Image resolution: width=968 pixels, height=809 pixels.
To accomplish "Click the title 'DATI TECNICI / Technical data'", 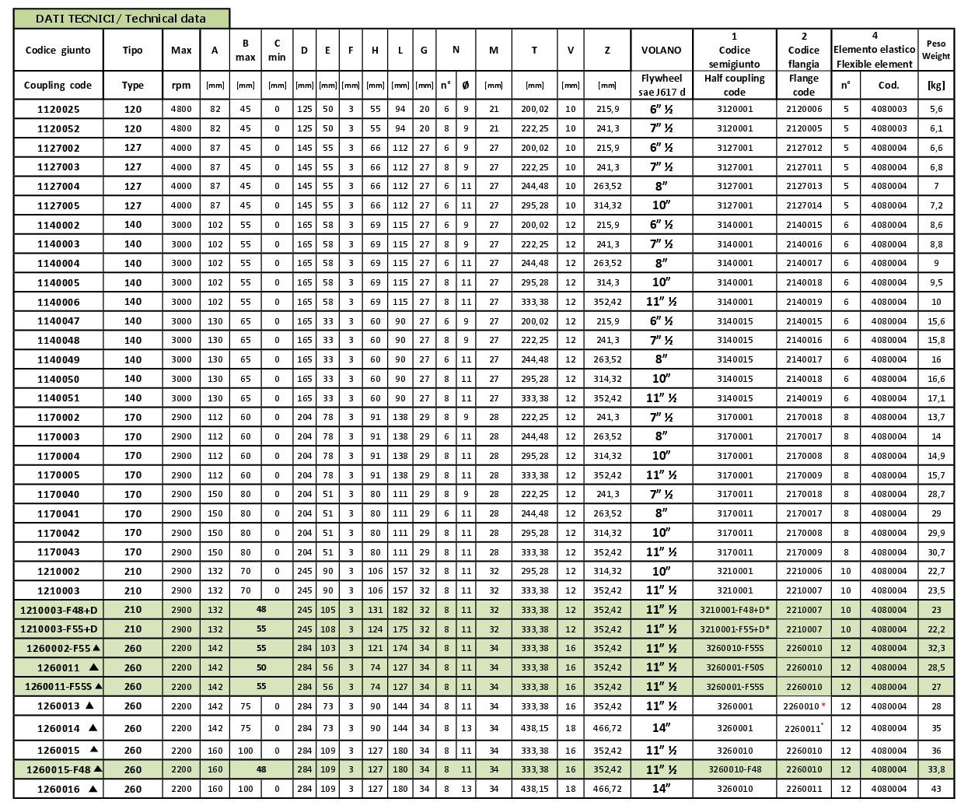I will click(121, 19).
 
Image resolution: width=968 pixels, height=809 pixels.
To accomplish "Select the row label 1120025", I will click(58, 110).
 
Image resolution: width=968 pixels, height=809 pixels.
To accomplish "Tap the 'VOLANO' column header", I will click(661, 50).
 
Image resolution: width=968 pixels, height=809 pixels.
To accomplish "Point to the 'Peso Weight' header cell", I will click(935, 50).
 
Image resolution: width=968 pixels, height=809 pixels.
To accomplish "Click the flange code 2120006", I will click(803, 110).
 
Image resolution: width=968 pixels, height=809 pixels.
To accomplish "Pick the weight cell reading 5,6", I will click(935, 110).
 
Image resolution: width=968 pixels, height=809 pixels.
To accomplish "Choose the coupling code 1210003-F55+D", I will click(59, 629).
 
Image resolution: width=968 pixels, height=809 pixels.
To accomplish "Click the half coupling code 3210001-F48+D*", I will click(734, 610).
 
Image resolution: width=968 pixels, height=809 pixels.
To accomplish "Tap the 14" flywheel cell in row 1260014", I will click(661, 728).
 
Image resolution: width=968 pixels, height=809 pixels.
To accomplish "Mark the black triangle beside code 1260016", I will click(93, 789).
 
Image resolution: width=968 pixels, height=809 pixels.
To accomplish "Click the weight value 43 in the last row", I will click(935, 789).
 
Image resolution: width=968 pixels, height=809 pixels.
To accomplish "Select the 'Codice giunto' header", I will click(58, 50).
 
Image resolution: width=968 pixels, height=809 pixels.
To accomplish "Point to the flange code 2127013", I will click(803, 187).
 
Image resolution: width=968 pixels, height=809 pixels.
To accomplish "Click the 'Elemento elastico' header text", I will click(875, 50).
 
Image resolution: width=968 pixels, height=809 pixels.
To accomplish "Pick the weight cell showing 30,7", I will click(935, 552).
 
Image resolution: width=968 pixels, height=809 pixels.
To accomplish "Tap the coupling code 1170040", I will click(58, 494).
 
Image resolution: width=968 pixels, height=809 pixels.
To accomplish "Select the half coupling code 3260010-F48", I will click(734, 769).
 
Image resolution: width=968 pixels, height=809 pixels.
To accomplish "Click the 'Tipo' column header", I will click(133, 50).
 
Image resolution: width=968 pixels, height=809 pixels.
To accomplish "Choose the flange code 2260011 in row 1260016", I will click(803, 789).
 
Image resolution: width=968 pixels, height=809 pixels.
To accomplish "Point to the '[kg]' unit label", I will click(935, 86).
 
